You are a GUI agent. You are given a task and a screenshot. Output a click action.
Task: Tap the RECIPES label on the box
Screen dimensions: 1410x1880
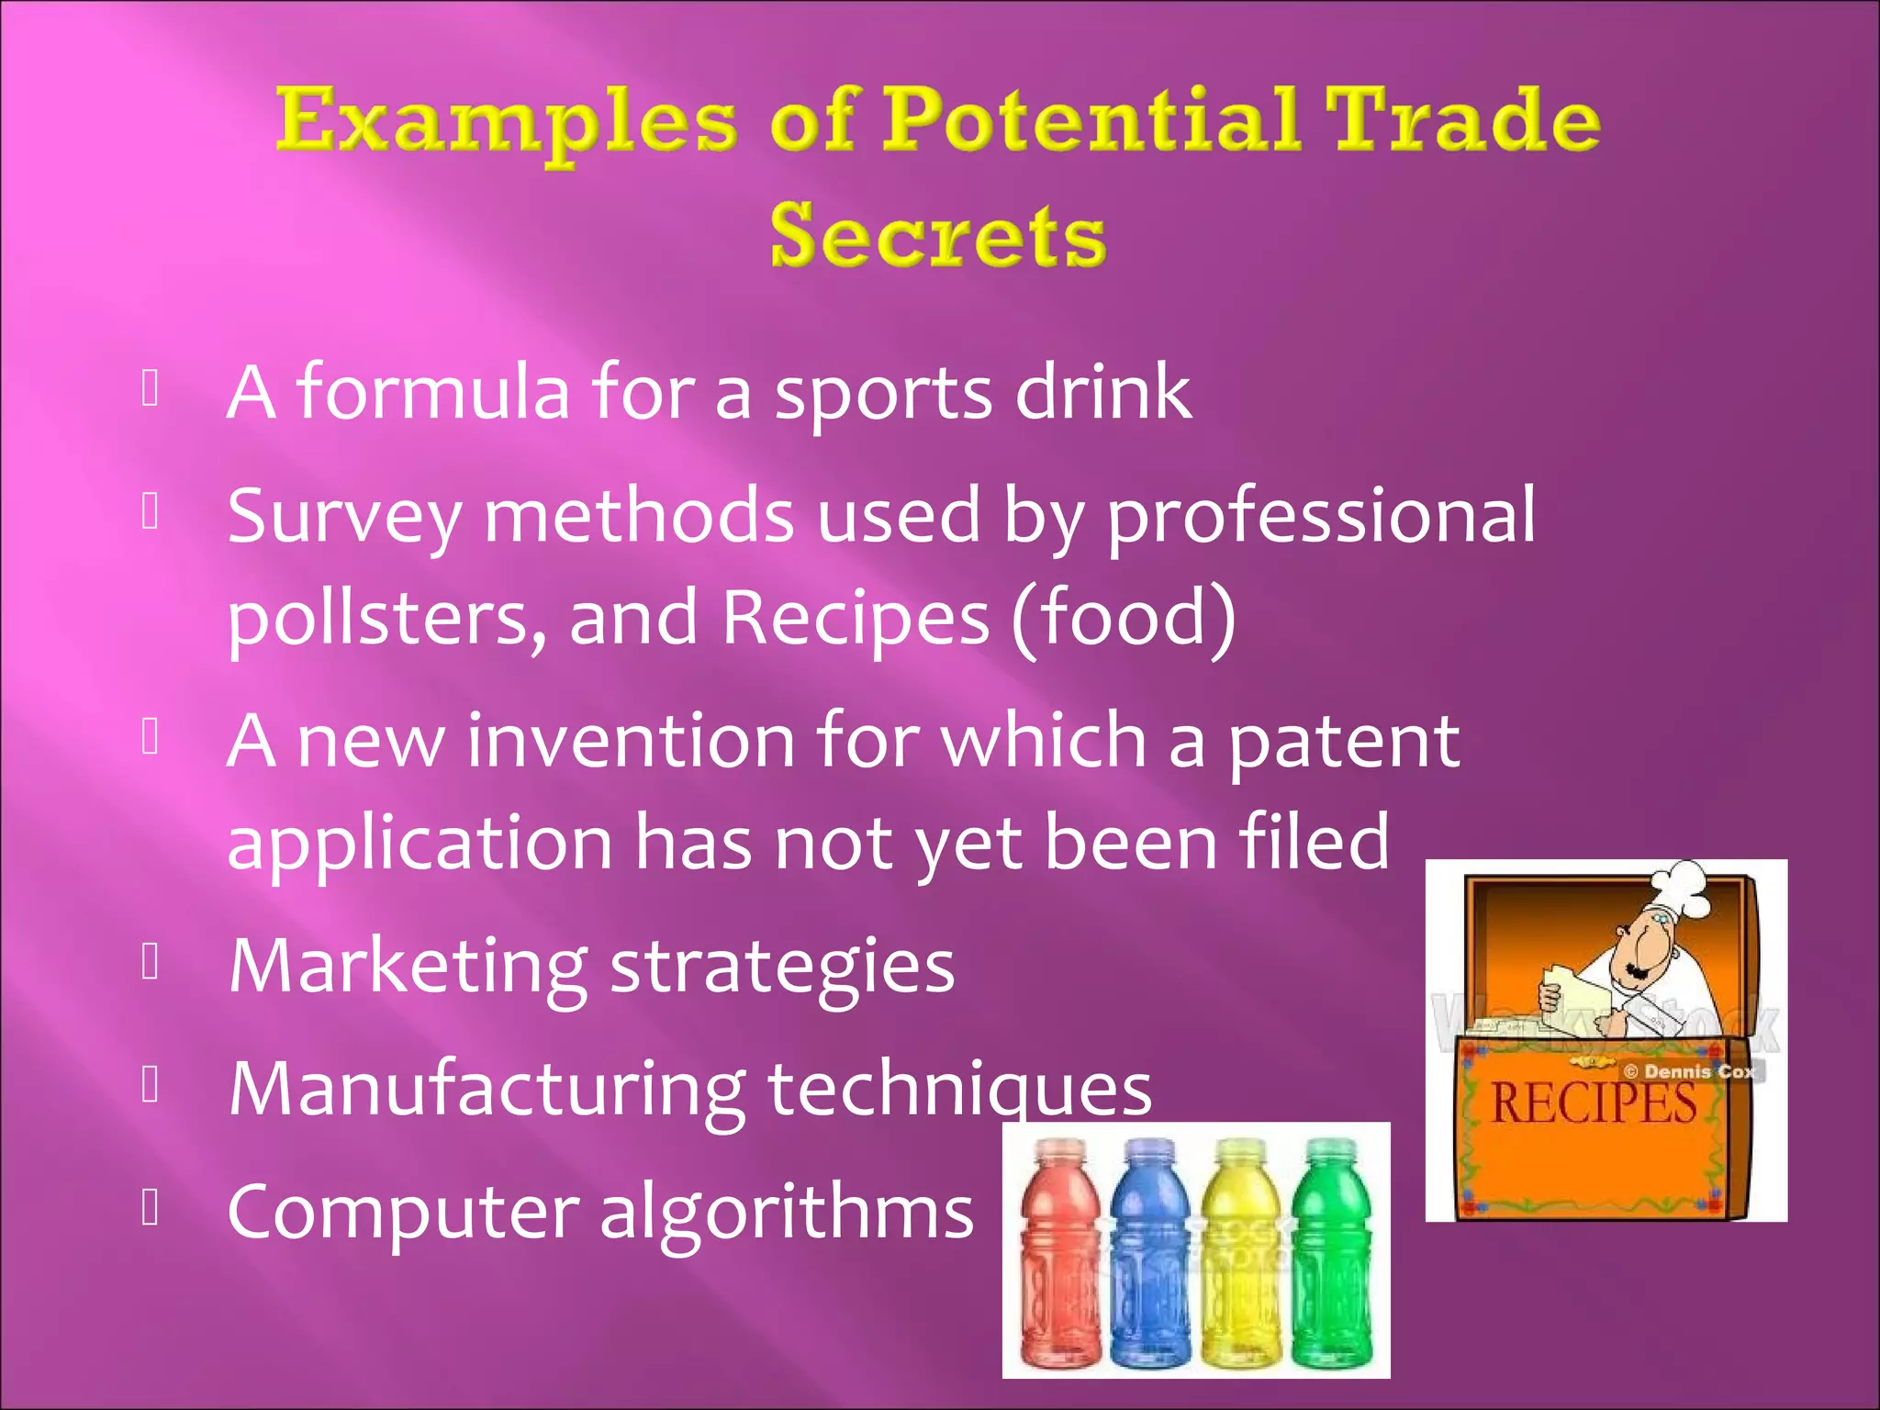(1594, 1104)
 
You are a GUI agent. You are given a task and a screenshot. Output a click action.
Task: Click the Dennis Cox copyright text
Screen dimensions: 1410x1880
(1689, 1071)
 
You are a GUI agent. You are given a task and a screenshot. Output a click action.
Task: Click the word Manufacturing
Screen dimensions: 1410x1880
(487, 1091)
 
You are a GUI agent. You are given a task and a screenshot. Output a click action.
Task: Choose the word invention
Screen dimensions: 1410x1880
(630, 742)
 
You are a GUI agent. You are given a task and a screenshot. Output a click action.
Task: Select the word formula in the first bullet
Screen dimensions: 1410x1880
(432, 393)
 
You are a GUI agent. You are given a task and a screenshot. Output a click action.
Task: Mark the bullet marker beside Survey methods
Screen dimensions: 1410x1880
(151, 511)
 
